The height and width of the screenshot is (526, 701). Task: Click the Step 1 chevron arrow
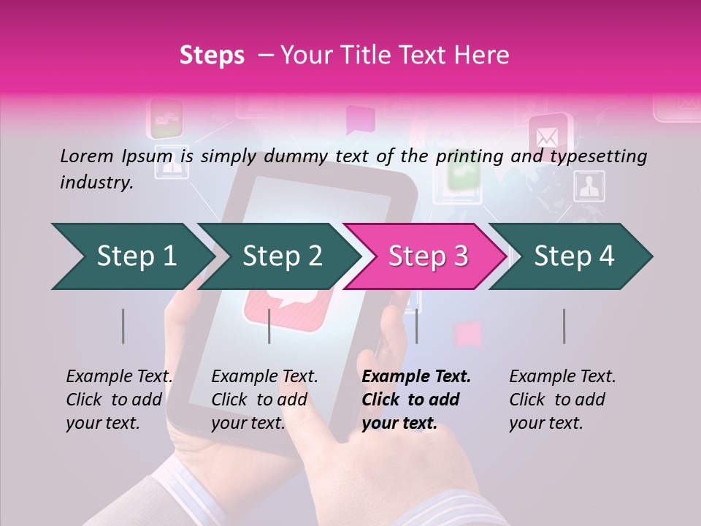click(131, 256)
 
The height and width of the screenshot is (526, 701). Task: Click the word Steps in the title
click(212, 56)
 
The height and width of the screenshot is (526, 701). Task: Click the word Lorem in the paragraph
click(85, 156)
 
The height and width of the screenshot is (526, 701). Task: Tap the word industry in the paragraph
click(96, 182)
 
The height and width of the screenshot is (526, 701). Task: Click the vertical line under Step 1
click(123, 326)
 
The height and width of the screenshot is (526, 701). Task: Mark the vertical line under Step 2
click(269, 326)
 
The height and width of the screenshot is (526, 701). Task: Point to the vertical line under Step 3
click(416, 326)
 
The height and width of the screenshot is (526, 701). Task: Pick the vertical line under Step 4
click(564, 326)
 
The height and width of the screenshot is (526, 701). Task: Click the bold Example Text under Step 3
click(416, 377)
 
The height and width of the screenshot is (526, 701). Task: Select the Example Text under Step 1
click(119, 377)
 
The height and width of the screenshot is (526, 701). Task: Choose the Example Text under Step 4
click(562, 377)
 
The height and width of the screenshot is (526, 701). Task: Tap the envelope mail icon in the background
click(548, 137)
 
